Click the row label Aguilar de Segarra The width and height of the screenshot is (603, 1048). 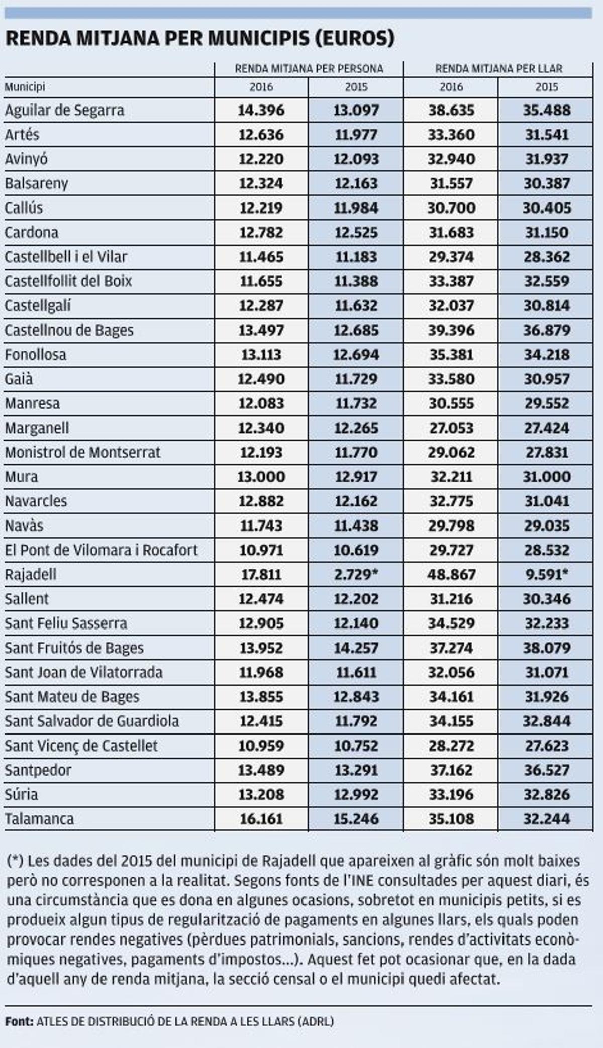pos(64,110)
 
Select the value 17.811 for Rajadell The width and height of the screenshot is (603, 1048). pos(261,574)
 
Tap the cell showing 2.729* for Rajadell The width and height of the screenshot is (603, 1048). pos(356,574)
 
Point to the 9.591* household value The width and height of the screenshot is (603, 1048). pos(546,574)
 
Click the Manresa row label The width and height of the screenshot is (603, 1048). pos(32,403)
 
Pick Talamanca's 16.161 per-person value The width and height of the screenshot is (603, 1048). pos(261,819)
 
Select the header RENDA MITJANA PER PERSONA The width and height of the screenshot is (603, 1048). pos(309,69)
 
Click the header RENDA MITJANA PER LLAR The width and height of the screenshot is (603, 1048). pos(498,69)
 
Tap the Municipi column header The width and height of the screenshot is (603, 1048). pos(25,87)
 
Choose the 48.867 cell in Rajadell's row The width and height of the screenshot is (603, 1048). pos(451,574)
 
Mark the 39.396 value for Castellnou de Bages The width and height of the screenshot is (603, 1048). pos(451,330)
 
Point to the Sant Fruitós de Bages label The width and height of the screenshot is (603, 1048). pos(74,648)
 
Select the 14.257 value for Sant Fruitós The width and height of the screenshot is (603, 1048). pos(356,648)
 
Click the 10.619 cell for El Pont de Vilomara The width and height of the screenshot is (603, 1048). pos(356,550)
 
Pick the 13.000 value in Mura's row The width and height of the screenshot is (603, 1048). pos(261,477)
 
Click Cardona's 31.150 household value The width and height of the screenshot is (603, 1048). pos(546,233)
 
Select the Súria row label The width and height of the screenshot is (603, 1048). pos(21,795)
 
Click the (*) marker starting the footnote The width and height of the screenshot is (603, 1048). pos(15,861)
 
